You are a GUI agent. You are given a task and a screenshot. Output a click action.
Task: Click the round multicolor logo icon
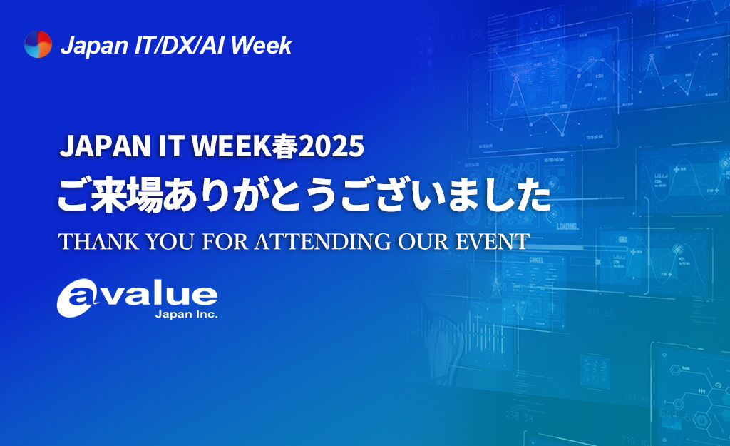pos(38,44)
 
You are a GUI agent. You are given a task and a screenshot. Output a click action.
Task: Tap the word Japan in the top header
pos(95,46)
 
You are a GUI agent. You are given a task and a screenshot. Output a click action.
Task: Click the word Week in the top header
pos(261,45)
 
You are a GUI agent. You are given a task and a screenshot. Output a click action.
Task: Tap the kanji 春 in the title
pos(284,146)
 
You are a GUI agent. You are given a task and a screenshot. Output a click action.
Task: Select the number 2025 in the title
pos(331,146)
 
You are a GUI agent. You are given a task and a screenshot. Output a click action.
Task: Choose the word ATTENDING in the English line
pos(323,241)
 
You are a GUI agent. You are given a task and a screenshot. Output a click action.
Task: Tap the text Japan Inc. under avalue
pos(186,315)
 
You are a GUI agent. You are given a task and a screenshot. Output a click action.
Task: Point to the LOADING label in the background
pos(567,226)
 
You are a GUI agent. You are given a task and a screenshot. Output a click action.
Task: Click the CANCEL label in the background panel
pos(536,260)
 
